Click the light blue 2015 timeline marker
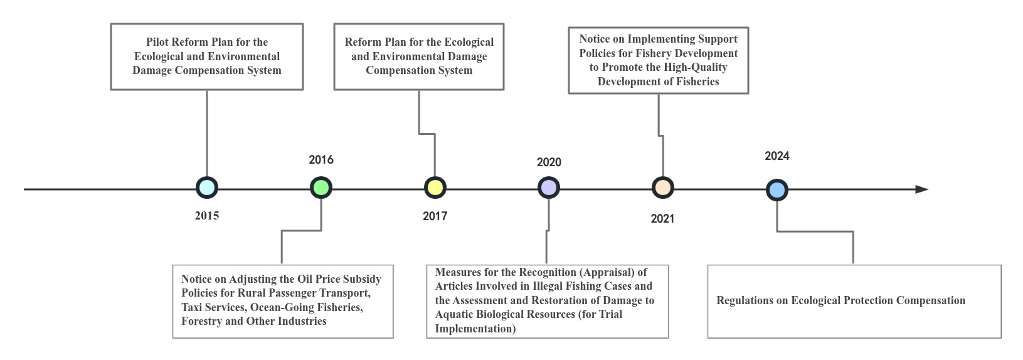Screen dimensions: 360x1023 coord(207,188)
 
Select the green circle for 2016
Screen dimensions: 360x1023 coord(321,188)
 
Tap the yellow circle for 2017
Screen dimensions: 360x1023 coord(435,188)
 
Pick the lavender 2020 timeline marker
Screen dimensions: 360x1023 coord(549,188)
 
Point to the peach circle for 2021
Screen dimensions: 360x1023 coord(663,188)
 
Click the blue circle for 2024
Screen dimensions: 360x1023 coord(777,189)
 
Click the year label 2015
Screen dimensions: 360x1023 coord(207,216)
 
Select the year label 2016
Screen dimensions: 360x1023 coord(321,160)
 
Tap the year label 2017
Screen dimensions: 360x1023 coord(435,216)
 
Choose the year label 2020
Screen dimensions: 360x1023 coord(549,162)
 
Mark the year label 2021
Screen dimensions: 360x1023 coord(662,219)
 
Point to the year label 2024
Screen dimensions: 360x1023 coord(777,156)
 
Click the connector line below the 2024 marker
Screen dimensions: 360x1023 coord(815,231)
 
